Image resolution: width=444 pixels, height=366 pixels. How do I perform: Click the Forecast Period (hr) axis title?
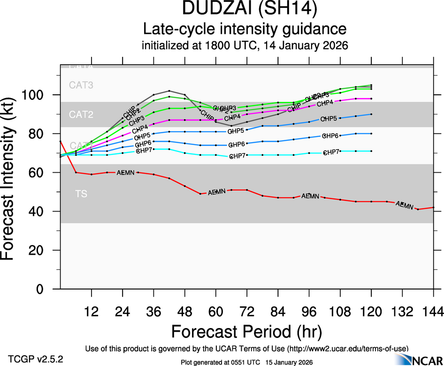coord(246,331)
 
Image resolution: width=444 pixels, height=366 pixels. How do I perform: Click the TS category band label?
coord(81,193)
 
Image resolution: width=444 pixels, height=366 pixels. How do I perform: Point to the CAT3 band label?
coord(81,85)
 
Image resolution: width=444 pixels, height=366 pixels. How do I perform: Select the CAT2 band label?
coord(81,114)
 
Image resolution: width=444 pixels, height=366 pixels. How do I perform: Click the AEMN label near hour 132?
coord(405,205)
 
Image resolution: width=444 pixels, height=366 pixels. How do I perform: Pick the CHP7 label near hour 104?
coord(331,152)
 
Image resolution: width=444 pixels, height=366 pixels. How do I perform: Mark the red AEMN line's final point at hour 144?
coord(433,207)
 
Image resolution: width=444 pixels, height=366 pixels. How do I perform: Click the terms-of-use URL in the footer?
coord(350,348)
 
